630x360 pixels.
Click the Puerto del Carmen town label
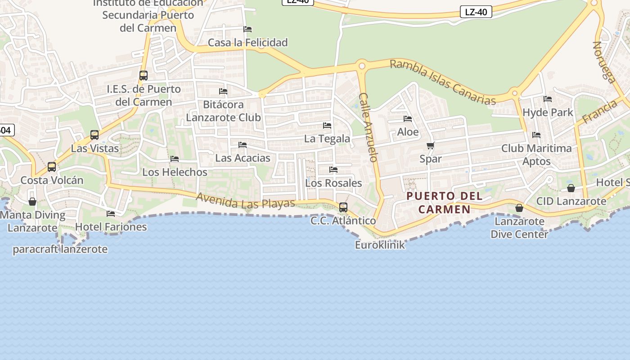[445, 202]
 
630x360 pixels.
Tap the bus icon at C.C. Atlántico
[343, 207]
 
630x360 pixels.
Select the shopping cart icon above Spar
[431, 145]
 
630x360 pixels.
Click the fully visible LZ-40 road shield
[476, 12]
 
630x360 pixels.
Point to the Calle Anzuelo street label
[369, 127]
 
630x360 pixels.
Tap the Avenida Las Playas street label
[245, 201]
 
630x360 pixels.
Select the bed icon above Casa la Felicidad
[247, 29]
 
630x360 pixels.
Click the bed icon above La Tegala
[327, 126]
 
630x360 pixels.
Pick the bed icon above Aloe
[408, 119]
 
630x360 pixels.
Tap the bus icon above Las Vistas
[94, 135]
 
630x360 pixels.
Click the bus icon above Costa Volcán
[52, 167]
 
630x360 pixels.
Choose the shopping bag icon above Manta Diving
[32, 202]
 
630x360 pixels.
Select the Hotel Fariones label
[111, 227]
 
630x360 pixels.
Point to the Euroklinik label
[380, 245]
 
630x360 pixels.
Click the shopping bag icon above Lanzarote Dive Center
[519, 208]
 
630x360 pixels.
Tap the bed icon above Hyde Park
[548, 99]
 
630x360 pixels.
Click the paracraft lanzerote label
[60, 249]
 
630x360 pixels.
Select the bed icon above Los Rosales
[333, 170]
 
